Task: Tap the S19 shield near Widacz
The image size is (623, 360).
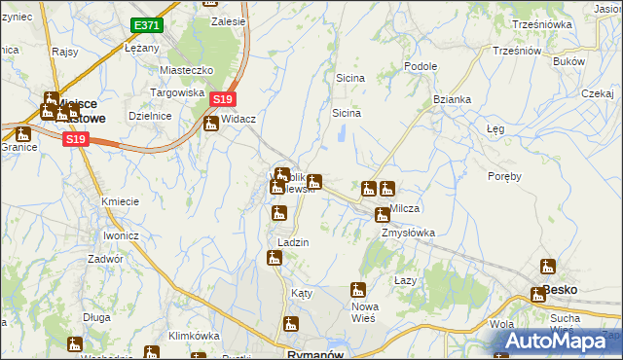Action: [223, 99]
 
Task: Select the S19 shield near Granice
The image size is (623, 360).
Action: [77, 140]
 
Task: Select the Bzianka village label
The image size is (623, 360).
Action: [453, 100]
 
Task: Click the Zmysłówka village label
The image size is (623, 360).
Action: [408, 234]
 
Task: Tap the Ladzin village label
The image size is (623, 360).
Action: [293, 242]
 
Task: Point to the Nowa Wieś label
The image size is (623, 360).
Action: [364, 312]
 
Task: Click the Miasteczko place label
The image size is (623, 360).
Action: [186, 71]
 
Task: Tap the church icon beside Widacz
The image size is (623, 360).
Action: [210, 124]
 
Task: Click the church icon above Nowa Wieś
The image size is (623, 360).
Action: [358, 289]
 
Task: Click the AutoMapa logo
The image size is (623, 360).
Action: [559, 342]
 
